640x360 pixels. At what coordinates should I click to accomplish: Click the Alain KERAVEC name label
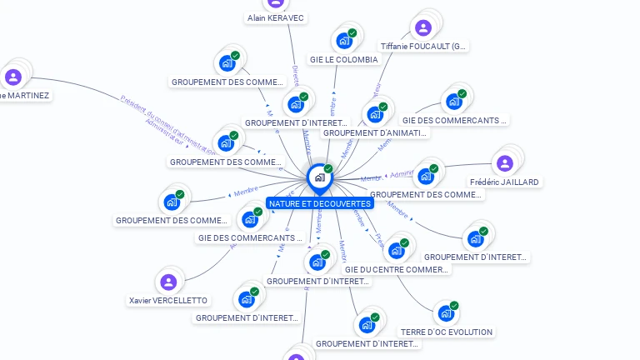[x=276, y=17]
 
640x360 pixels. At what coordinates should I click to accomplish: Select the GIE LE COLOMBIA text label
[x=343, y=60]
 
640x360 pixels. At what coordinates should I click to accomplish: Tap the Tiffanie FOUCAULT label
[x=423, y=47]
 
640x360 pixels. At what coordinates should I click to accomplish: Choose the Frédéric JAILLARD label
[x=504, y=182]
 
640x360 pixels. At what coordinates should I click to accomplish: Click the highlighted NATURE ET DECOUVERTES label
[x=319, y=203]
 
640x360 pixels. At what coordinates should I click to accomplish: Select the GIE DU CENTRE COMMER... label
[x=396, y=270]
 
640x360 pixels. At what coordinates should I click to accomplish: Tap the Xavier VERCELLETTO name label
[x=168, y=300]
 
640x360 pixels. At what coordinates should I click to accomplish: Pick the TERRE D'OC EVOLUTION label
[x=446, y=332]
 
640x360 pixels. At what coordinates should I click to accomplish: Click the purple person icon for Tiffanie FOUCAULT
[x=423, y=27]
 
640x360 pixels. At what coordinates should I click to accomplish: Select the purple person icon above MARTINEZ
[x=13, y=77]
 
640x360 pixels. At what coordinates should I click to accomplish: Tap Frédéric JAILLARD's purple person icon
[x=504, y=162]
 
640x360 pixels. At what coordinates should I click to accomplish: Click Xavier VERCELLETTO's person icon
[x=168, y=282]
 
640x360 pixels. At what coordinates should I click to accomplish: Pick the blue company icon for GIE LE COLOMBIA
[x=343, y=41]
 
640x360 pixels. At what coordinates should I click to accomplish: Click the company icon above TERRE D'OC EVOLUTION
[x=446, y=313]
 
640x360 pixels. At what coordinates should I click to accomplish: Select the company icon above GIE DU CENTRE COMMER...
[x=396, y=251]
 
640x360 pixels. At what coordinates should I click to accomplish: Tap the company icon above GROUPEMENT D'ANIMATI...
[x=374, y=113]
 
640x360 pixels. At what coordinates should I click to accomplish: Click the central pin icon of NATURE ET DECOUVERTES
[x=319, y=177]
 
